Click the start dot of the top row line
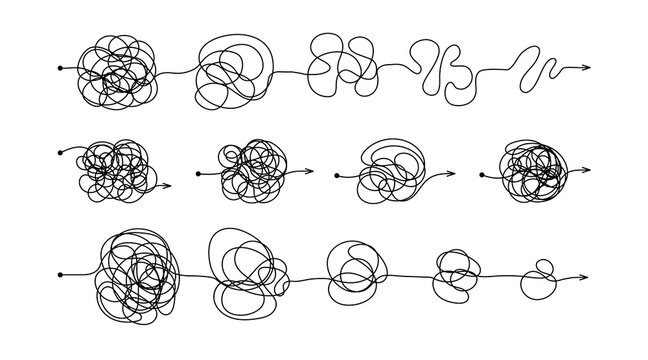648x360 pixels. (x=61, y=68)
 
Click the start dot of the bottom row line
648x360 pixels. (x=61, y=274)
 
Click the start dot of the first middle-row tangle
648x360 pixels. (x=61, y=152)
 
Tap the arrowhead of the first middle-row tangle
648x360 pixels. (x=167, y=185)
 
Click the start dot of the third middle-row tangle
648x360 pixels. (x=337, y=180)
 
